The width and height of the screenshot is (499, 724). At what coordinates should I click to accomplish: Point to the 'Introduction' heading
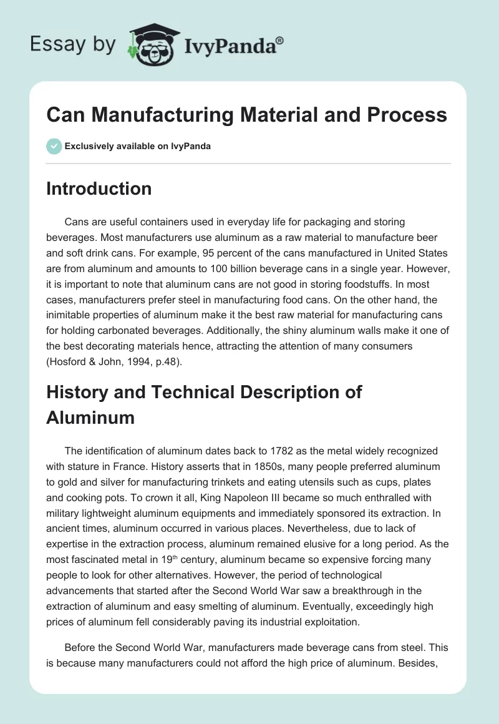pyautogui.click(x=99, y=188)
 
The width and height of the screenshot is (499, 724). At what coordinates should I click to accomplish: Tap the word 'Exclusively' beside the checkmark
pyautogui.click(x=89, y=146)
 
